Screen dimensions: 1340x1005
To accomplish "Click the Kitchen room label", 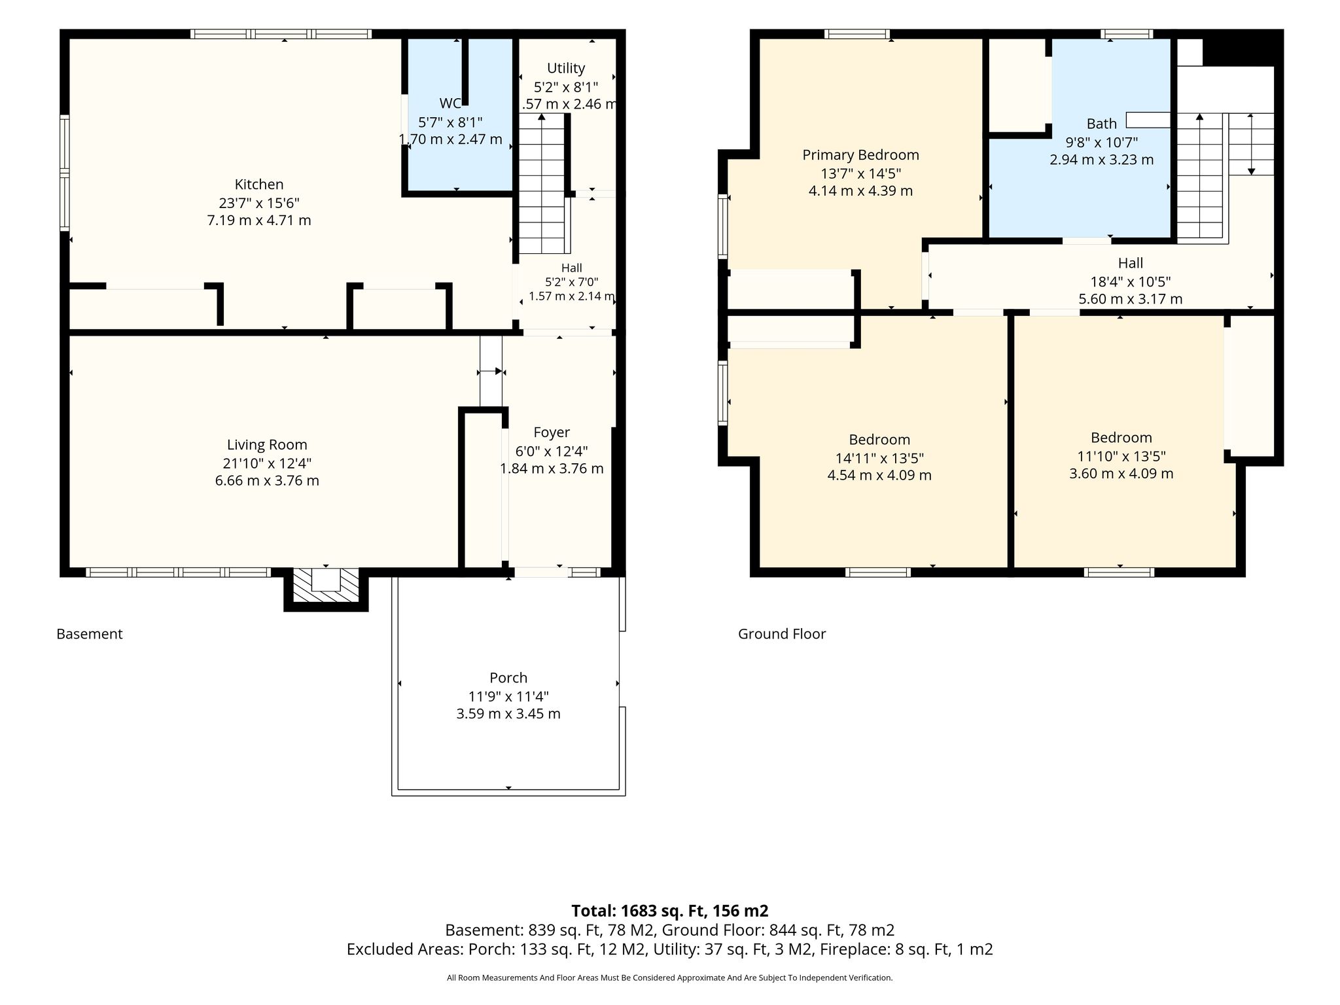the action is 259,185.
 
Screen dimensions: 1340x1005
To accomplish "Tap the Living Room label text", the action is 267,445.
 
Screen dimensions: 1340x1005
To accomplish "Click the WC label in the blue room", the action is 450,103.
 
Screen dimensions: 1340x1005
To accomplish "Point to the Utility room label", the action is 566,68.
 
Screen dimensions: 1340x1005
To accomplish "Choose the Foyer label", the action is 552,432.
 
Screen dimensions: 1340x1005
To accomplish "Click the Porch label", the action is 508,678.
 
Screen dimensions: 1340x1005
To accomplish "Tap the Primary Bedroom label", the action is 861,155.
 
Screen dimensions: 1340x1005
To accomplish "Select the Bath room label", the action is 1102,124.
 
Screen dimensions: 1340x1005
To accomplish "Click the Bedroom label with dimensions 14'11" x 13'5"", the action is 879,440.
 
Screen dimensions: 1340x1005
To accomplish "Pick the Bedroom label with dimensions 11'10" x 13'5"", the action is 1121,438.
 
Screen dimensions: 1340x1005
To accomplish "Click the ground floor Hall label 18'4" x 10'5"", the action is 1131,263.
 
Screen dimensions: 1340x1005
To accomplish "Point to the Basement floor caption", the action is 90,634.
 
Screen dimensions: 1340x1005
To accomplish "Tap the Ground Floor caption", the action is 782,634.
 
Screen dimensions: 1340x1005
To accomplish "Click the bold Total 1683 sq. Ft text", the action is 670,911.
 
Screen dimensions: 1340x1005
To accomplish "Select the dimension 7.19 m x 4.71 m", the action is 259,220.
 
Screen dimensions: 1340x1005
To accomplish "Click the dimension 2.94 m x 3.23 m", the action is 1102,160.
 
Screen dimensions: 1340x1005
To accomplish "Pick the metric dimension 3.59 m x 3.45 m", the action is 508,714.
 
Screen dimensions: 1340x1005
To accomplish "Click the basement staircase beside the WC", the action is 542,183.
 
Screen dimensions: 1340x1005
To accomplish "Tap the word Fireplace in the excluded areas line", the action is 853,949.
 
